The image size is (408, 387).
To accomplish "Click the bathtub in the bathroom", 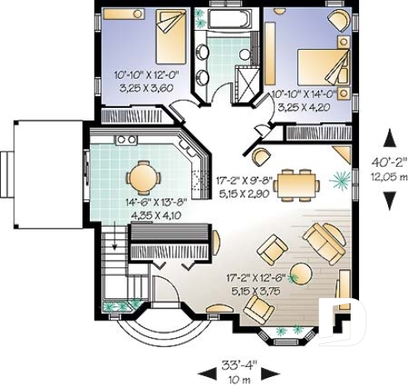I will (x=227, y=20).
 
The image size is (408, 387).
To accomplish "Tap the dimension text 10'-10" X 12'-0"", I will (x=145, y=75).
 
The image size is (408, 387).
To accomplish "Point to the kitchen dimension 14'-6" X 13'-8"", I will (x=151, y=201).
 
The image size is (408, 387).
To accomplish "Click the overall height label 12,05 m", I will (x=388, y=177).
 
